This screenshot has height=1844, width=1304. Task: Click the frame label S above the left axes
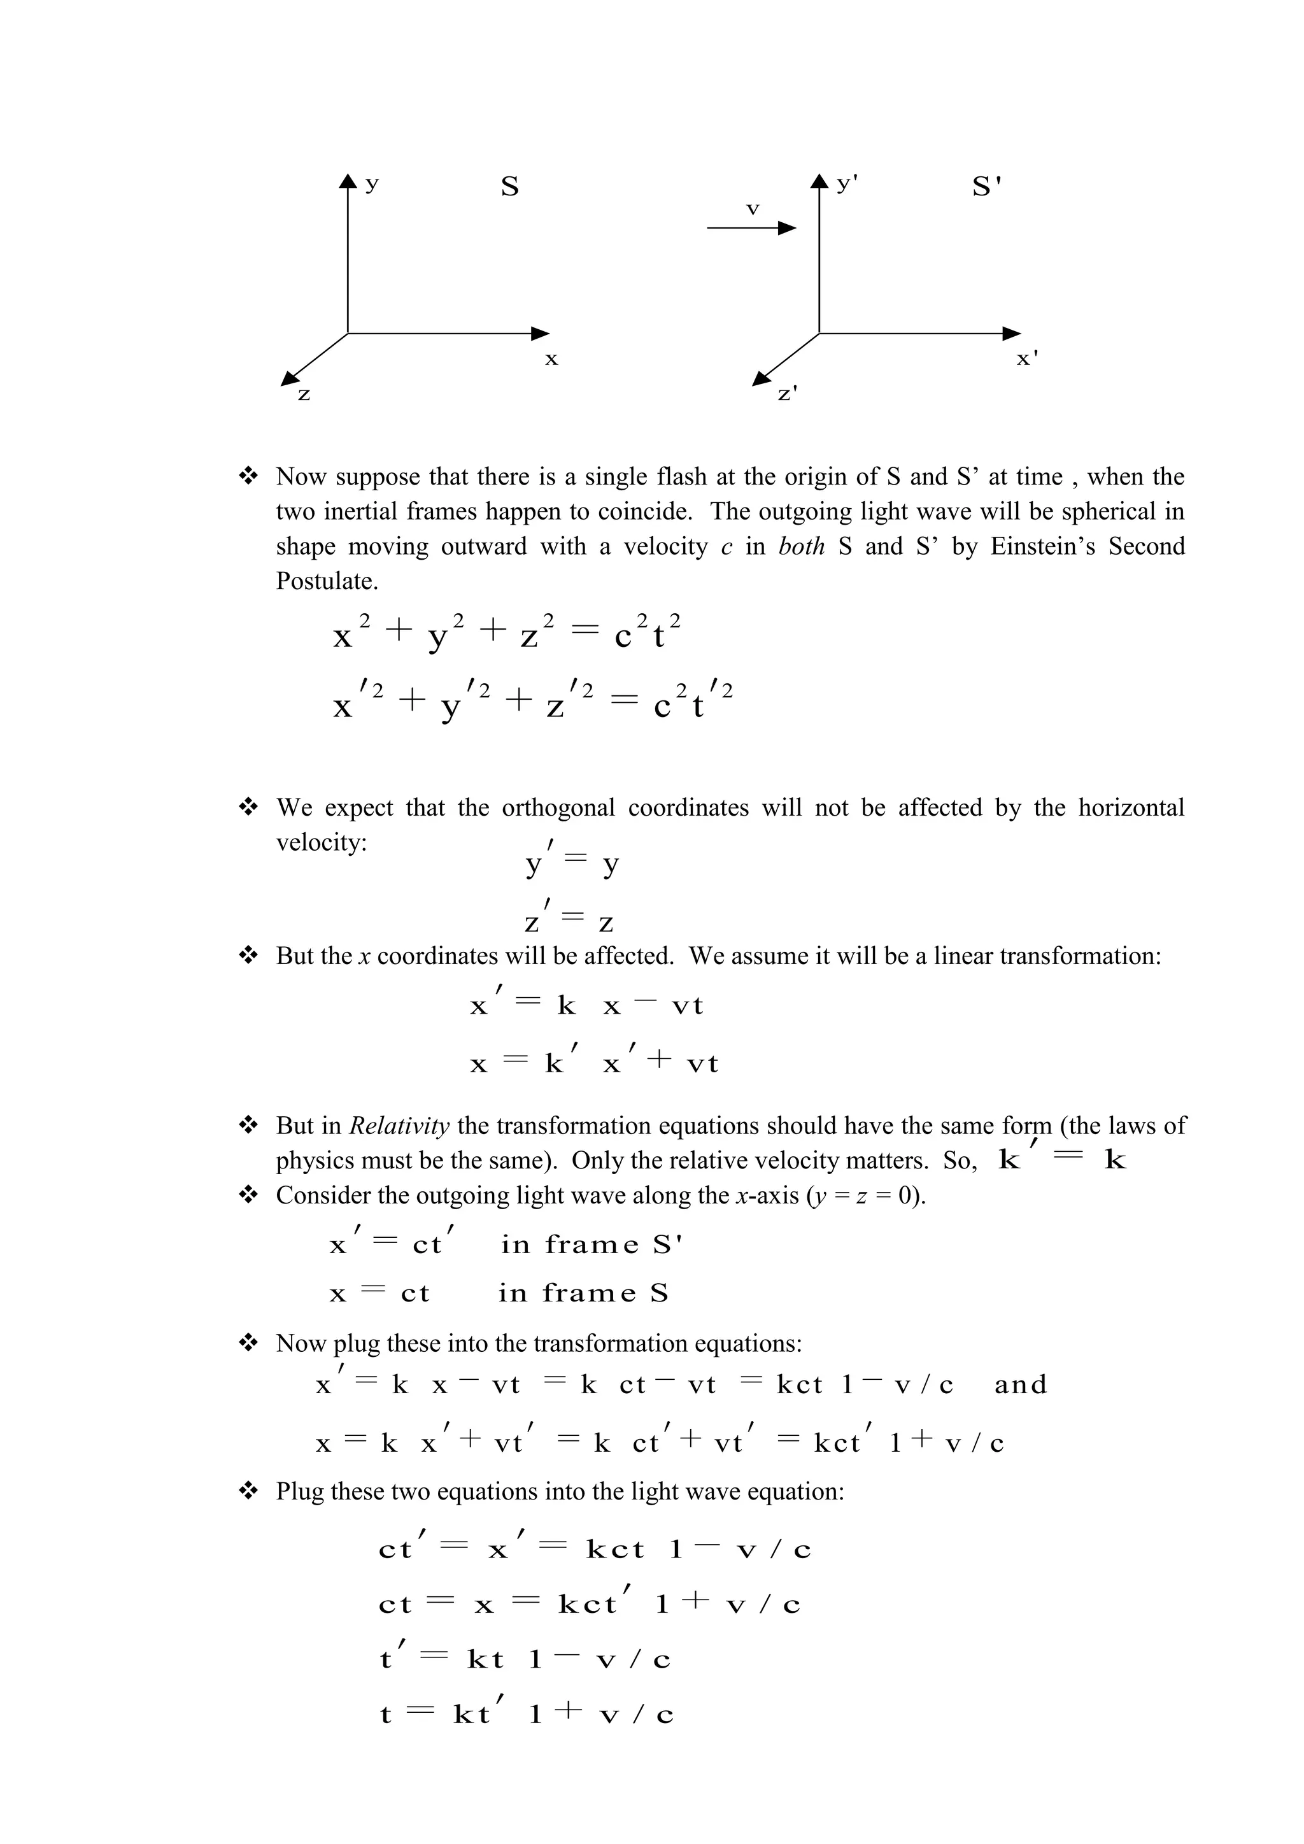[510, 187]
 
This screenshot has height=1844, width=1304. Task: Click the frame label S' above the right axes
[986, 187]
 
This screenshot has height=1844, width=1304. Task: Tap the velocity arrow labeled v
[751, 228]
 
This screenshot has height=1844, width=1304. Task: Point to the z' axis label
[788, 394]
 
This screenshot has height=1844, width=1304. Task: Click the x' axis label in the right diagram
[1027, 359]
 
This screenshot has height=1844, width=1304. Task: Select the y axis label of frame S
[371, 184]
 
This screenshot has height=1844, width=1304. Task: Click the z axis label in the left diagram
[304, 395]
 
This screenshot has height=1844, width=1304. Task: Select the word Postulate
[326, 581]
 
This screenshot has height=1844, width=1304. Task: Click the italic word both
[802, 546]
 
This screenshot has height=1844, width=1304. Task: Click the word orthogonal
[558, 807]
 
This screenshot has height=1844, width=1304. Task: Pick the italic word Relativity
[399, 1125]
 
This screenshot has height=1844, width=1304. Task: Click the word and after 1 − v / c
[1021, 1385]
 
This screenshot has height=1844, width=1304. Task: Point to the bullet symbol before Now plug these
[248, 1343]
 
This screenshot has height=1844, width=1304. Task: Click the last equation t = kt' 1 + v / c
[526, 1715]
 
